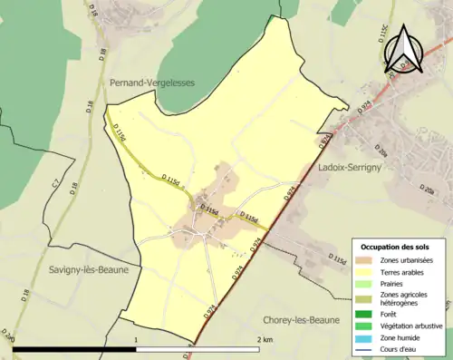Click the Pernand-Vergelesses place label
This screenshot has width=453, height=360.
tap(151, 82)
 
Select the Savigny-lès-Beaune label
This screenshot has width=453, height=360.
tap(82, 270)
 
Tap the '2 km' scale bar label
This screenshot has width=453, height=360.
tap(265, 338)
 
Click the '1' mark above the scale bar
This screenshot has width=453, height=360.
tap(136, 338)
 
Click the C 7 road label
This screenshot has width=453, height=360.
tap(55, 186)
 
